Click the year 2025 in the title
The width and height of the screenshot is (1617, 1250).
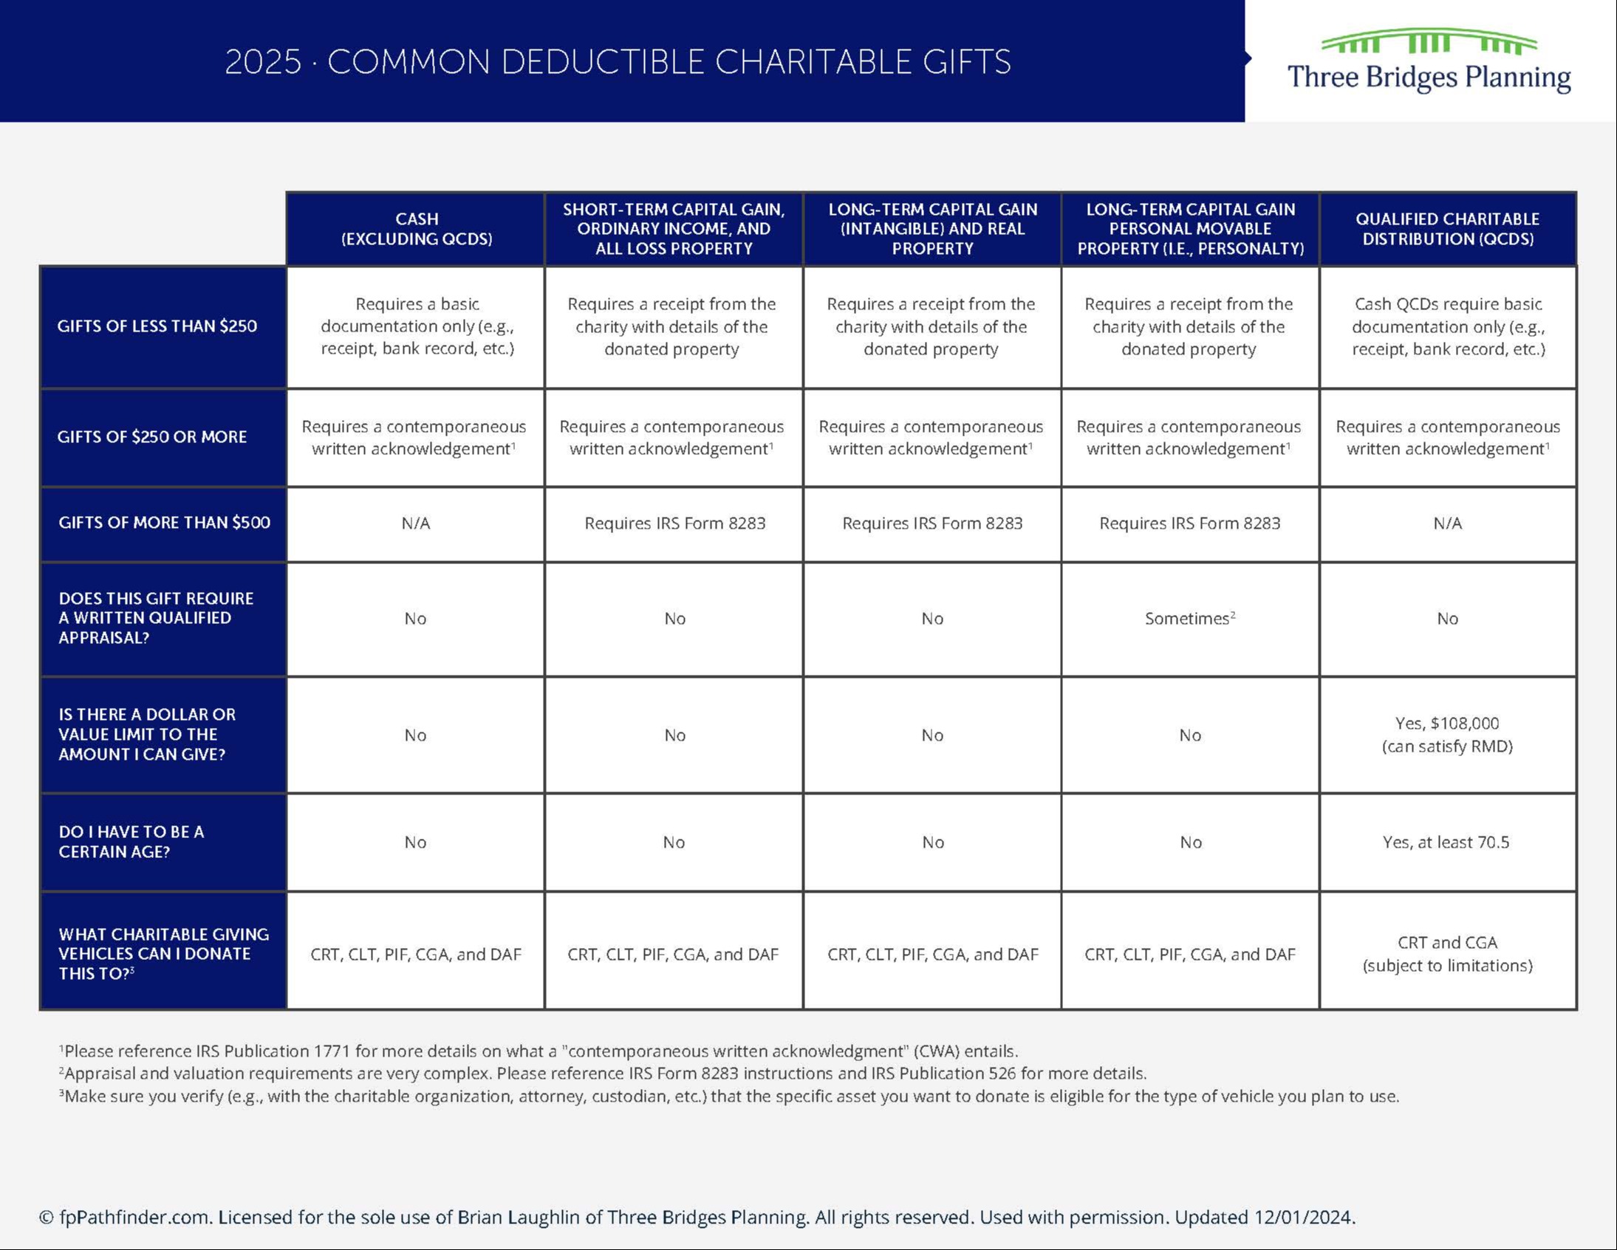(263, 62)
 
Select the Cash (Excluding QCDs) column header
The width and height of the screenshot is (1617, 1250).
(416, 229)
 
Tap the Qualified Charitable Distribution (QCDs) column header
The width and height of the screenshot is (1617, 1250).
(1447, 229)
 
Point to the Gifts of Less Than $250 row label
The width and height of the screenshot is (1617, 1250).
(157, 326)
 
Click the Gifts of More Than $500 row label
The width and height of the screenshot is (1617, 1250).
(165, 523)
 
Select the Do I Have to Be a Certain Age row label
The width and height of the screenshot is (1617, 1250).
(131, 842)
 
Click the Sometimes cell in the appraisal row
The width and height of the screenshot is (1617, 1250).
(1189, 619)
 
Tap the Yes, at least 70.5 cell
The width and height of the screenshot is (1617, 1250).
(1445, 842)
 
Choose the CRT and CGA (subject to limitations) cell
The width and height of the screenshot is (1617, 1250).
(1447, 953)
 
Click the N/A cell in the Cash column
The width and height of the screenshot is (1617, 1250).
(415, 523)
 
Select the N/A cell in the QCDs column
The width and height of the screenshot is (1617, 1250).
(1447, 523)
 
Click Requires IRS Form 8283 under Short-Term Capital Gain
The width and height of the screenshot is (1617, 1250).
(674, 523)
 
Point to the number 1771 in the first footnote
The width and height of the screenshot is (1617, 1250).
(332, 1051)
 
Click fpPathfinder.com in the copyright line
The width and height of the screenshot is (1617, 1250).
(134, 1218)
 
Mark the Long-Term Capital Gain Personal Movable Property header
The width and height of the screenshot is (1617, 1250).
(1190, 229)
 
